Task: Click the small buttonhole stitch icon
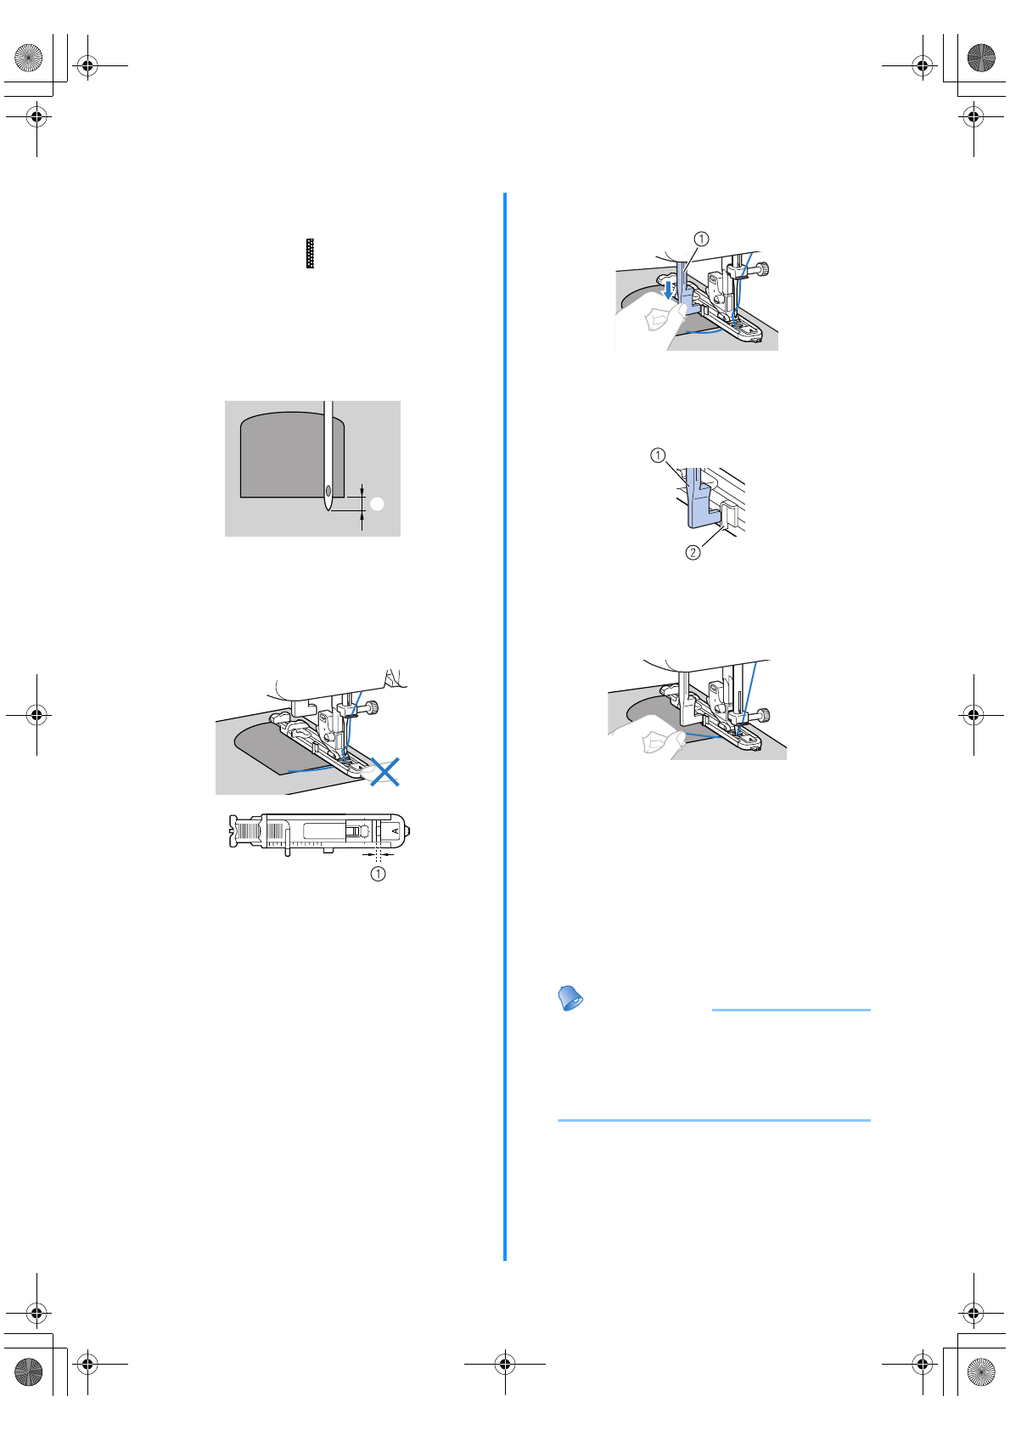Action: (311, 254)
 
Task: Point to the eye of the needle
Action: (328, 490)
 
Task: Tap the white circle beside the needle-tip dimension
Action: (378, 504)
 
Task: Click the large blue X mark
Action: (384, 772)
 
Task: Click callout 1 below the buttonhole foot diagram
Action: (378, 873)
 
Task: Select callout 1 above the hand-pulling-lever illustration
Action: (701, 239)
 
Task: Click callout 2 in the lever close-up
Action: (693, 553)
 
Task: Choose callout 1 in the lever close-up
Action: (658, 455)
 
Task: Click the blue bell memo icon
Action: (571, 998)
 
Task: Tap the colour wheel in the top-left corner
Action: (29, 58)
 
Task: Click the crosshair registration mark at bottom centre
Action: (505, 1365)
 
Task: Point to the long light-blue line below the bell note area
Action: (714, 1120)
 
